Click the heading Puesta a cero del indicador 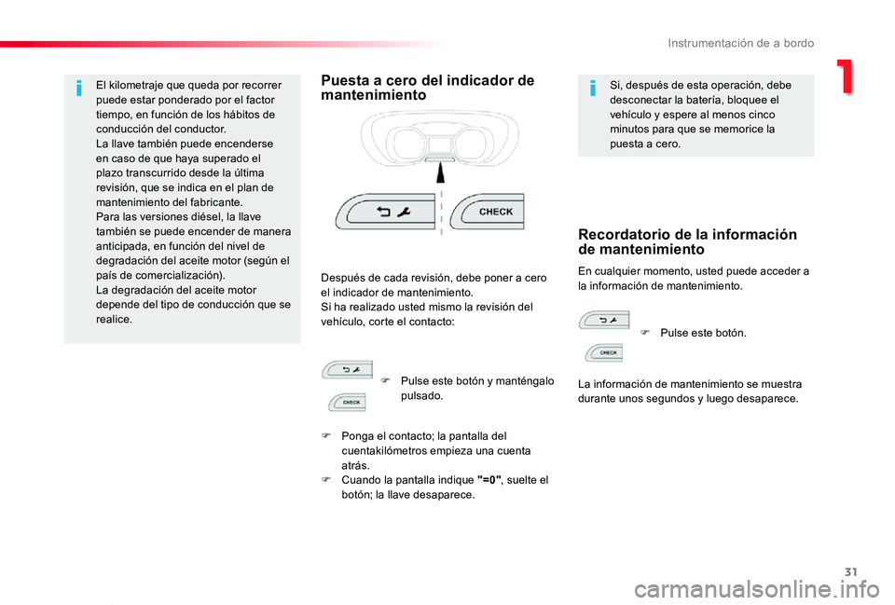(x=428, y=88)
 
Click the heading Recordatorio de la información (x=687, y=241)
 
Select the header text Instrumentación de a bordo (x=740, y=43)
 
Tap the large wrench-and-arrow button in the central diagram (x=386, y=212)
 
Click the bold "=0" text (x=489, y=480)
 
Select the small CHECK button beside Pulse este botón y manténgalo (x=348, y=402)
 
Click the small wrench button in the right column (x=604, y=321)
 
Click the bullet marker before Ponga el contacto (x=327, y=435)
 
